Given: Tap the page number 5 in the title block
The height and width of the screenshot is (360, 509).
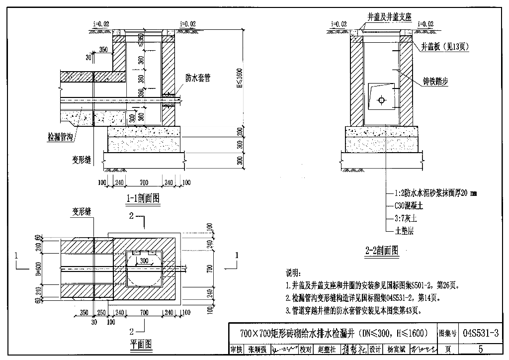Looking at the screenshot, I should pyautogui.click(x=480, y=349).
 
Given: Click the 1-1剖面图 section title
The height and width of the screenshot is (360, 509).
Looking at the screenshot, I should pyautogui.click(x=142, y=198).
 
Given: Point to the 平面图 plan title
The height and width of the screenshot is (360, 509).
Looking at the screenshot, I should pyautogui.click(x=141, y=344).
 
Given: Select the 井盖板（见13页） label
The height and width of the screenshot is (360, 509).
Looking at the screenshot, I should pyautogui.click(x=445, y=46).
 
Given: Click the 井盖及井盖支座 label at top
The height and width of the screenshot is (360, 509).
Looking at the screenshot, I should pyautogui.click(x=389, y=17).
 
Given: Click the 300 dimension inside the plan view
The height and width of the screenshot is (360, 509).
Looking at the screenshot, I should pyautogui.click(x=144, y=261).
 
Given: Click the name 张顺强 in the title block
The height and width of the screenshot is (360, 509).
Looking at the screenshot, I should pyautogui.click(x=257, y=349).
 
